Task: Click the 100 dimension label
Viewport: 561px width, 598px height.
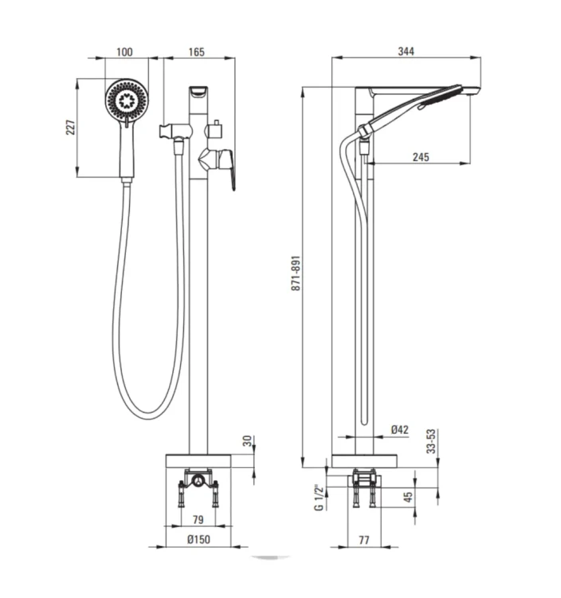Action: point(124,52)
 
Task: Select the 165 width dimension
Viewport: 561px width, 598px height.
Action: point(196,52)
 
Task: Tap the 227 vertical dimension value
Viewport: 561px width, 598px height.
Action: point(71,127)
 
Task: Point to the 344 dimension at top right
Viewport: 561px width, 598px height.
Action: point(406,51)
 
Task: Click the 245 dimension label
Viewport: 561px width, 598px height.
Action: point(421,157)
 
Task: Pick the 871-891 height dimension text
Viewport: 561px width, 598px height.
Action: point(296,273)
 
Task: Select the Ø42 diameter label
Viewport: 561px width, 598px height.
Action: point(400,430)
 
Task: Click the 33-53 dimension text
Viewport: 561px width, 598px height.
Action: point(430,441)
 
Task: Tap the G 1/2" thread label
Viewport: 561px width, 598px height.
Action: point(319,498)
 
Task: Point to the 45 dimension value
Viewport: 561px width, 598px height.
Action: point(408,497)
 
